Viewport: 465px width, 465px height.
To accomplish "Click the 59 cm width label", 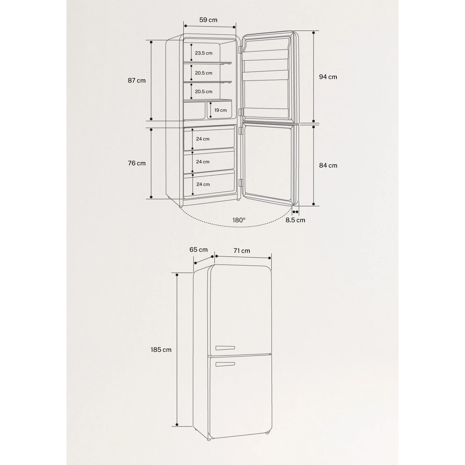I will point(208,20).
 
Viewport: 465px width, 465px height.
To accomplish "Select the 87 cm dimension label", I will point(137,80).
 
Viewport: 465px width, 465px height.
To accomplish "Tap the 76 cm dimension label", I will point(137,163).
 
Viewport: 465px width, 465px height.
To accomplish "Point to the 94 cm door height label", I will point(328,77).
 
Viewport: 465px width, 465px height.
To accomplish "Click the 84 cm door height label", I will point(328,165).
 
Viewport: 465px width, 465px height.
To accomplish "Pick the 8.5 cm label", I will point(295,220).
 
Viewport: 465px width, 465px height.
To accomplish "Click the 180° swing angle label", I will point(239,220).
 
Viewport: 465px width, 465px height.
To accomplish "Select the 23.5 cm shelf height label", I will point(204,53).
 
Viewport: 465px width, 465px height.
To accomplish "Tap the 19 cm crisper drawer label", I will point(220,110).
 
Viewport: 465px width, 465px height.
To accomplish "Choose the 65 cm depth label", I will point(199,249).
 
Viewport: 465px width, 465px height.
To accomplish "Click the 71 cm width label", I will point(241,251).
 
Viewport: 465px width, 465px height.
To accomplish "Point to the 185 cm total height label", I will point(161,349).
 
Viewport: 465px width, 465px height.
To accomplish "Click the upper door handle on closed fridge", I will point(225,348).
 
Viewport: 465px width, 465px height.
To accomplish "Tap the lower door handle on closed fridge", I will point(225,364).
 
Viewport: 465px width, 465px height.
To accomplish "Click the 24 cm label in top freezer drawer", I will point(203,139).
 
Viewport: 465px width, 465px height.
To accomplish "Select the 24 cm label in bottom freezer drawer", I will point(203,184).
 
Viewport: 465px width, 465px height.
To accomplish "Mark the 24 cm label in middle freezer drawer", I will point(203,162).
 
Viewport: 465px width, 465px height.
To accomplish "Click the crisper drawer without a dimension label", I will point(194,111).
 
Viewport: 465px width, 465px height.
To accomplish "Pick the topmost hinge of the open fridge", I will point(240,49).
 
